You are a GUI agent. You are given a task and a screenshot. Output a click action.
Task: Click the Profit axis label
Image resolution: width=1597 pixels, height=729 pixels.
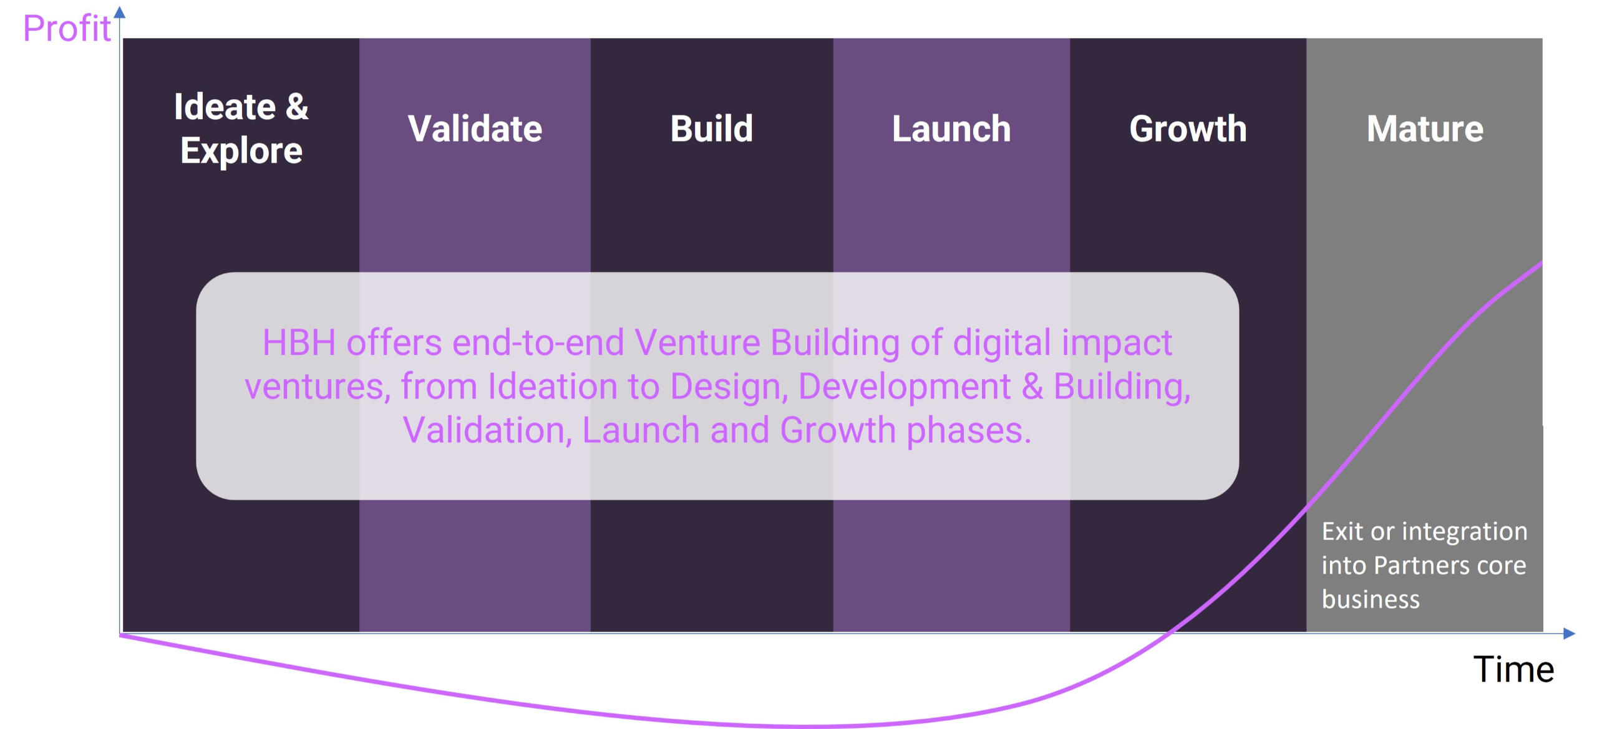pyautogui.click(x=67, y=29)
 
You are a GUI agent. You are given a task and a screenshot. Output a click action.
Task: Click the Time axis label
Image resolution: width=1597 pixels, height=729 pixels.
pyautogui.click(x=1513, y=670)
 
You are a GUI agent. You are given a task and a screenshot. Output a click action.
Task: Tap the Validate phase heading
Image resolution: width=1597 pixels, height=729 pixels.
pyautogui.click(x=475, y=128)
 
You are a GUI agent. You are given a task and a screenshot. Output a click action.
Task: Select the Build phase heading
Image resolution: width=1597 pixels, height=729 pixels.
pyautogui.click(x=711, y=128)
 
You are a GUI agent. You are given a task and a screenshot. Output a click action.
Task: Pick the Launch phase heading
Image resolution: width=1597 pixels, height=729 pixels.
pyautogui.click(x=951, y=128)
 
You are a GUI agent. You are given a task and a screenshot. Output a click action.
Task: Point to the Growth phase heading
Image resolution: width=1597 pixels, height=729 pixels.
pyautogui.click(x=1188, y=128)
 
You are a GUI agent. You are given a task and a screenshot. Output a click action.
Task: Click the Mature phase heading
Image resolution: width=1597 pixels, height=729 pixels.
pyautogui.click(x=1425, y=128)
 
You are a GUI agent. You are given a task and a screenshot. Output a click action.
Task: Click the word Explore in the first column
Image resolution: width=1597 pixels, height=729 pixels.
pyautogui.click(x=241, y=151)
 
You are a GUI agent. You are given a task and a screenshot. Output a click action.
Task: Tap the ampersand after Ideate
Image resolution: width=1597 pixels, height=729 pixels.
pyautogui.click(x=297, y=107)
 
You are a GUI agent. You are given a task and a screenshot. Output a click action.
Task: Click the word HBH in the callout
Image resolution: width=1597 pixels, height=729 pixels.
pyautogui.click(x=299, y=343)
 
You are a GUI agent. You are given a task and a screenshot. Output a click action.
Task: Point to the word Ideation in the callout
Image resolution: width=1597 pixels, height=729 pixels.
pyautogui.click(x=553, y=387)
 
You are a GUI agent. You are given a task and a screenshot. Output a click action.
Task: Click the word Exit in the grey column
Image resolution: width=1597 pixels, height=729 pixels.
pyautogui.click(x=1342, y=531)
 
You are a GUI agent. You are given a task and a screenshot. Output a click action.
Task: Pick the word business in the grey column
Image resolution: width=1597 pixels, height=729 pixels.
pyautogui.click(x=1371, y=599)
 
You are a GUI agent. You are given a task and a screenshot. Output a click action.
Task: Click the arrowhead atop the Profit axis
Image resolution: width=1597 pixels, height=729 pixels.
pyautogui.click(x=120, y=12)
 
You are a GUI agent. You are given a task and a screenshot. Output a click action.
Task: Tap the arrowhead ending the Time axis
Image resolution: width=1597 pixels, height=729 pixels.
pyautogui.click(x=1570, y=634)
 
